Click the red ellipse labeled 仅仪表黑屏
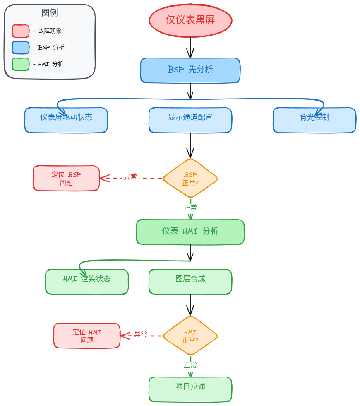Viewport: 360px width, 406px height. point(190,20)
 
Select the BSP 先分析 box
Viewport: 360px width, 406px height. point(190,70)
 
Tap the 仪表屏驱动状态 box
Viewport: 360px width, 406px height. point(66,120)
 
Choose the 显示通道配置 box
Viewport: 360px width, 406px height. point(190,120)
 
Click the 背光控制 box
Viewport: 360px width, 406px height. point(314,120)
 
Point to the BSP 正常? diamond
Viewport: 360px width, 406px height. point(190,179)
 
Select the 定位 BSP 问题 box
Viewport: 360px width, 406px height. point(66,179)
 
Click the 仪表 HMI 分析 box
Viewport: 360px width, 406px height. point(190,232)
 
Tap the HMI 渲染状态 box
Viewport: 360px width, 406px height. point(87,282)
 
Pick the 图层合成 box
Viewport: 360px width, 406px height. point(190,282)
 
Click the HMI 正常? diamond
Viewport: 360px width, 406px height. point(190,336)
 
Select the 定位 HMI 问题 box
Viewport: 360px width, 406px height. point(87,336)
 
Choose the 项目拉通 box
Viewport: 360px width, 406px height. point(190,389)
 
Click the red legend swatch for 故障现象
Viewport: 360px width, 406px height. point(21,31)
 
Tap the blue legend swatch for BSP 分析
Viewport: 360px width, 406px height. point(21,48)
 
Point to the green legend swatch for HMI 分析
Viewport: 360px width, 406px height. point(21,64)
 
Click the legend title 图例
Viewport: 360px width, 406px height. point(50,12)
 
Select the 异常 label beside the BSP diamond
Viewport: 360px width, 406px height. point(130,176)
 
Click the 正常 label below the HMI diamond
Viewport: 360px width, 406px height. point(190,365)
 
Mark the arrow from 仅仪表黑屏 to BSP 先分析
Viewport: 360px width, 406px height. point(190,47)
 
